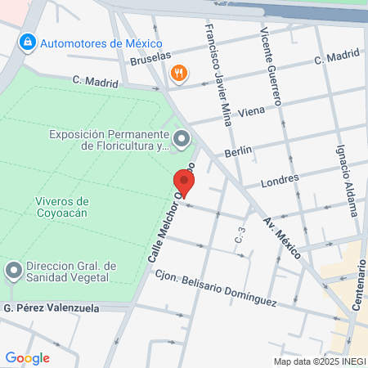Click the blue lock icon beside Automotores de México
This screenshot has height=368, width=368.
coord(27,41)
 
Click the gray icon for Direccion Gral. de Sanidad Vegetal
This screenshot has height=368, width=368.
coord(14,270)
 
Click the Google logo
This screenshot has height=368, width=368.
coord(27,357)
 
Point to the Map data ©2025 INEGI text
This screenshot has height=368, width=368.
coord(319,361)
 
